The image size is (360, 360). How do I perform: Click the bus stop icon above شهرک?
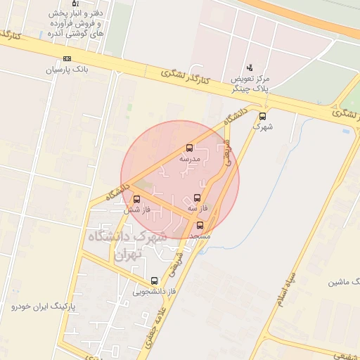[263, 117]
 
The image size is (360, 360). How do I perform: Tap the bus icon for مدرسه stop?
[189, 148]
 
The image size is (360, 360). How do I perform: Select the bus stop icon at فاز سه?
[196, 198]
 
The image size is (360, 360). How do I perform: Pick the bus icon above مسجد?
[200, 226]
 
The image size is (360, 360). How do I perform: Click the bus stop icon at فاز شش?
[136, 199]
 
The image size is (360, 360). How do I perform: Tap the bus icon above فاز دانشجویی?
[154, 281]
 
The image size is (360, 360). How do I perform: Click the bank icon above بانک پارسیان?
[67, 58]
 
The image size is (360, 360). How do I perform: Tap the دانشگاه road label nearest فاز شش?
[118, 190]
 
